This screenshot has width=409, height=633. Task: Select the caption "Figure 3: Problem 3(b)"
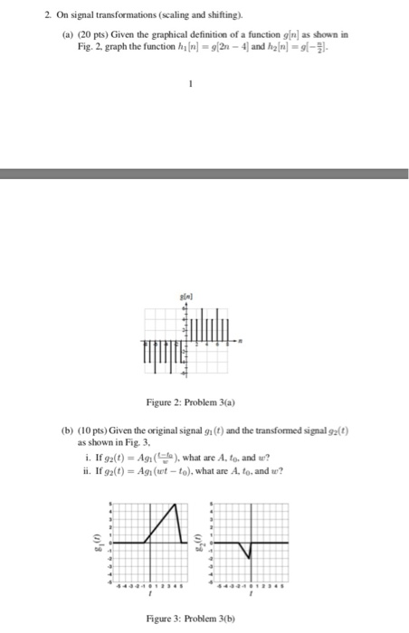tap(192, 619)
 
